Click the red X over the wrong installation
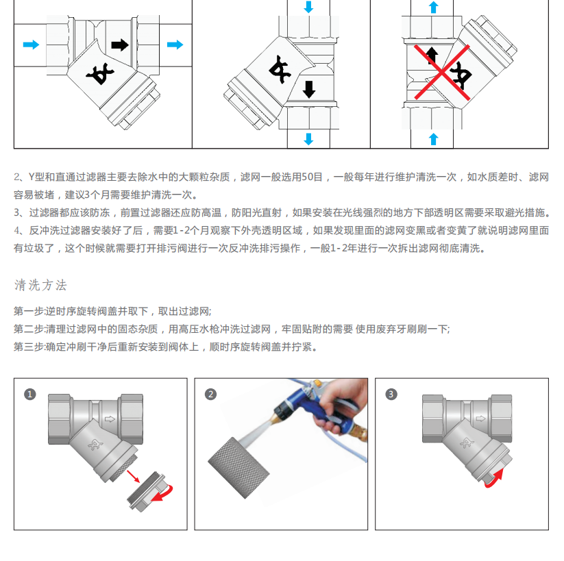point(442,72)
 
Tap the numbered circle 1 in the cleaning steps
point(30,394)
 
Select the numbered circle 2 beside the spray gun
point(210,394)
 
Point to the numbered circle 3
point(391,394)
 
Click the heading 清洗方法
point(40,285)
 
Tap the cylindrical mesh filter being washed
point(238,467)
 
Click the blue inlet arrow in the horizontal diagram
point(31,45)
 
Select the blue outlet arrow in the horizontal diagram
point(175,45)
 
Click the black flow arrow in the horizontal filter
point(120,45)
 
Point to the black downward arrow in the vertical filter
point(309,89)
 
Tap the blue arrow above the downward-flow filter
point(308,7)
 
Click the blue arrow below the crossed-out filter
point(434,139)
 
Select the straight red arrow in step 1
point(133,477)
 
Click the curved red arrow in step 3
point(495,479)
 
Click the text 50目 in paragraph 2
point(312,177)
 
